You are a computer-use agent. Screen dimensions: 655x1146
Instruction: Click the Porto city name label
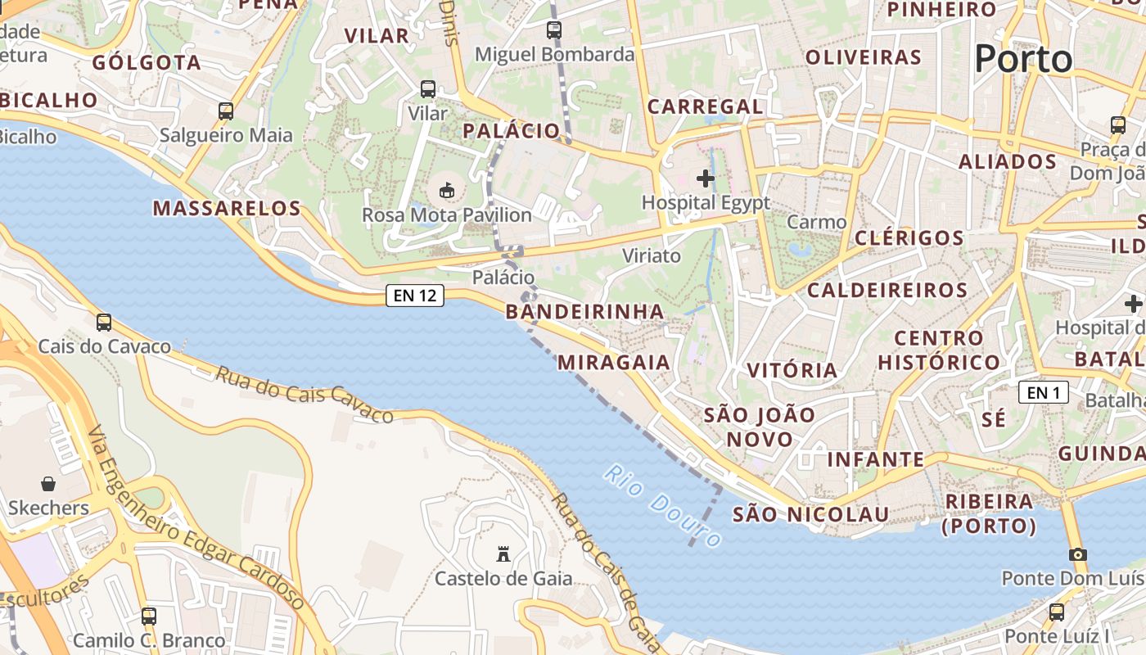(1023, 59)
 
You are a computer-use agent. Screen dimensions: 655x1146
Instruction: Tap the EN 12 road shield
(415, 296)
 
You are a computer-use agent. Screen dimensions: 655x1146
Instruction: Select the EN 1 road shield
(1044, 393)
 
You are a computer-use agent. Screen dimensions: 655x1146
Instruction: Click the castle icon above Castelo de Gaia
(503, 554)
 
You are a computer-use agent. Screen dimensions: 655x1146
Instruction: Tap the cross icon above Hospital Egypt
(706, 178)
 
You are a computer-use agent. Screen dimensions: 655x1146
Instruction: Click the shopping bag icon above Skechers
(48, 484)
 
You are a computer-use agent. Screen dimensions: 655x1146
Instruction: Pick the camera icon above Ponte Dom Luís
(1078, 554)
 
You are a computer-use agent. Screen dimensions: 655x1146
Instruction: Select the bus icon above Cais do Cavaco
(104, 323)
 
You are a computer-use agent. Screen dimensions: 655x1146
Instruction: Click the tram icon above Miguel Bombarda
(554, 30)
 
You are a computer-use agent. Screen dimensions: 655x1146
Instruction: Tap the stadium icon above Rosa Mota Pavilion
(447, 191)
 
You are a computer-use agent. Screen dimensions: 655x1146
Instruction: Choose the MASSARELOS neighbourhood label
(227, 208)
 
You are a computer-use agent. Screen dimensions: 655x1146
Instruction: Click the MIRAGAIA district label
(614, 362)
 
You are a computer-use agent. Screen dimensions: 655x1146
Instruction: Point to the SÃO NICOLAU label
(810, 514)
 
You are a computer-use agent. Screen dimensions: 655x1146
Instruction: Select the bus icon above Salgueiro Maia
(226, 111)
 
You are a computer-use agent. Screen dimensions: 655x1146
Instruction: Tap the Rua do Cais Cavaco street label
(305, 395)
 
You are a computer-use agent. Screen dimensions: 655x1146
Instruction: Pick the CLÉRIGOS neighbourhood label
(909, 238)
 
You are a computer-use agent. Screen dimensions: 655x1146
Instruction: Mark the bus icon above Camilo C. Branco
(149, 616)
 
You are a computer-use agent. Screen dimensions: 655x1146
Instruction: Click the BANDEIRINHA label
(584, 311)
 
